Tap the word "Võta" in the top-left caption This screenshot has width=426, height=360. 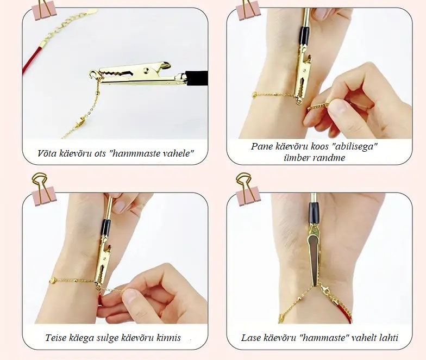point(47,153)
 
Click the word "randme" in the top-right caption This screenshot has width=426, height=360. point(328,158)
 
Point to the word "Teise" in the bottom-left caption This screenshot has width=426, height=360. point(55,338)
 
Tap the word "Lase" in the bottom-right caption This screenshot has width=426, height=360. point(250,338)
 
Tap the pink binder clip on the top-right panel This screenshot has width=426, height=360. point(248,11)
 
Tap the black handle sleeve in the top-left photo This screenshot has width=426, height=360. point(197,78)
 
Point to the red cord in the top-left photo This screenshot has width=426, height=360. point(33,58)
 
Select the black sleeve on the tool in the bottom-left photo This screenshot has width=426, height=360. point(106,228)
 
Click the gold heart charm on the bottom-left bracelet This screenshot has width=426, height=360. point(53,281)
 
